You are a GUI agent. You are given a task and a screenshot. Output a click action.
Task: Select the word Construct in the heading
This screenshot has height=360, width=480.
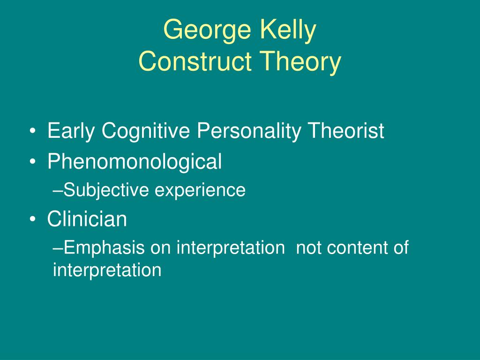coord(195,61)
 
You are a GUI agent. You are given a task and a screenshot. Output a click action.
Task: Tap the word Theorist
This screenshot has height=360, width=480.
coord(346,130)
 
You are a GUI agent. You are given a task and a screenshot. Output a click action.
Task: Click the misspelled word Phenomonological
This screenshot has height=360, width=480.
coord(135,162)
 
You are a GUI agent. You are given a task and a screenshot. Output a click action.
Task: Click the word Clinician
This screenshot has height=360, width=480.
coord(87,219)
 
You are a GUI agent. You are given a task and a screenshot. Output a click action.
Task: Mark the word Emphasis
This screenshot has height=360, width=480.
coord(104,248)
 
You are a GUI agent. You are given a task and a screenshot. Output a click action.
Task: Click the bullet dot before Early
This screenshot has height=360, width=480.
coord(33,132)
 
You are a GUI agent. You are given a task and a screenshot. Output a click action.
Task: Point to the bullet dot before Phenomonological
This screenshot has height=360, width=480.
coord(33,162)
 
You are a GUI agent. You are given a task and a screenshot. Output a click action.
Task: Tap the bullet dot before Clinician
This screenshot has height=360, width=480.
coord(33,219)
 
